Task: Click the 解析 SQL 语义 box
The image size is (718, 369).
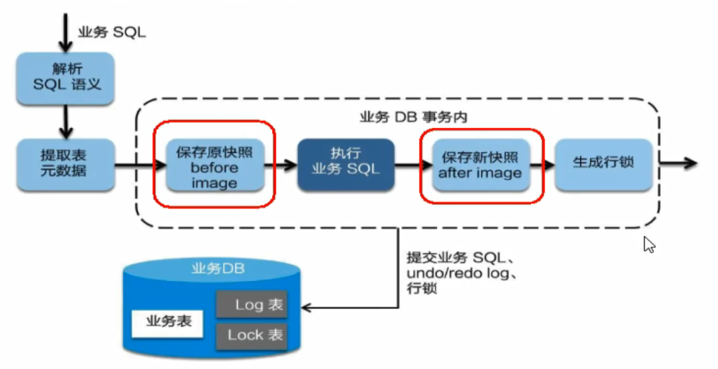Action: (x=66, y=78)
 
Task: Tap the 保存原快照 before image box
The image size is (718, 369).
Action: (x=215, y=166)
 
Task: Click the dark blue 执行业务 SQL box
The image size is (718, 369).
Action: (x=345, y=164)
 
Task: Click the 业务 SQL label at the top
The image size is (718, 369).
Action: (x=112, y=33)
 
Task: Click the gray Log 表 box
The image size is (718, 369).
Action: (x=251, y=305)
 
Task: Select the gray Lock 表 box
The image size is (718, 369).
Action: (x=251, y=335)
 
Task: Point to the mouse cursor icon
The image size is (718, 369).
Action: (x=649, y=245)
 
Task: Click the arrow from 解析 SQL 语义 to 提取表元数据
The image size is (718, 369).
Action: (x=65, y=121)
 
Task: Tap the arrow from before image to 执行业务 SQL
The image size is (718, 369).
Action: (x=280, y=166)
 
